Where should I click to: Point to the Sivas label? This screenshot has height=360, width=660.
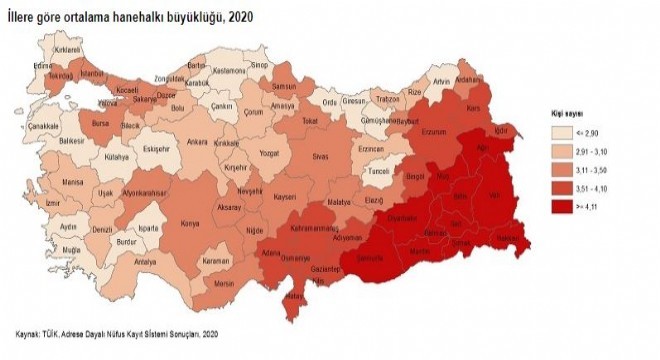(320, 158)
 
